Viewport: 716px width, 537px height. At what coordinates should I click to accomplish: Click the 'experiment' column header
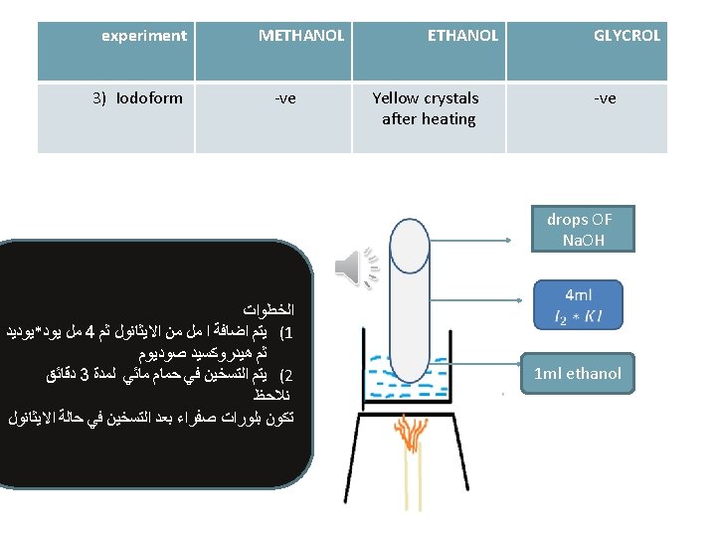[144, 36]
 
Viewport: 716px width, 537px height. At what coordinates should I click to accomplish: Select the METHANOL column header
[301, 36]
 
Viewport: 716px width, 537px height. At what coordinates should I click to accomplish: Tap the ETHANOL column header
[462, 36]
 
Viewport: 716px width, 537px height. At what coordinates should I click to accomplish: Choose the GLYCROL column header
[626, 36]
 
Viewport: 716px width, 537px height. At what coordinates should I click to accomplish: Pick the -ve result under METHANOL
[285, 97]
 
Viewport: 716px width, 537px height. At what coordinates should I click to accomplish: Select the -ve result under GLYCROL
[605, 97]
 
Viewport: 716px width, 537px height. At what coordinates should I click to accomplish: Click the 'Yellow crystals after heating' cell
[426, 108]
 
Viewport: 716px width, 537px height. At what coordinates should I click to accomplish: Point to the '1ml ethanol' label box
[578, 374]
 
